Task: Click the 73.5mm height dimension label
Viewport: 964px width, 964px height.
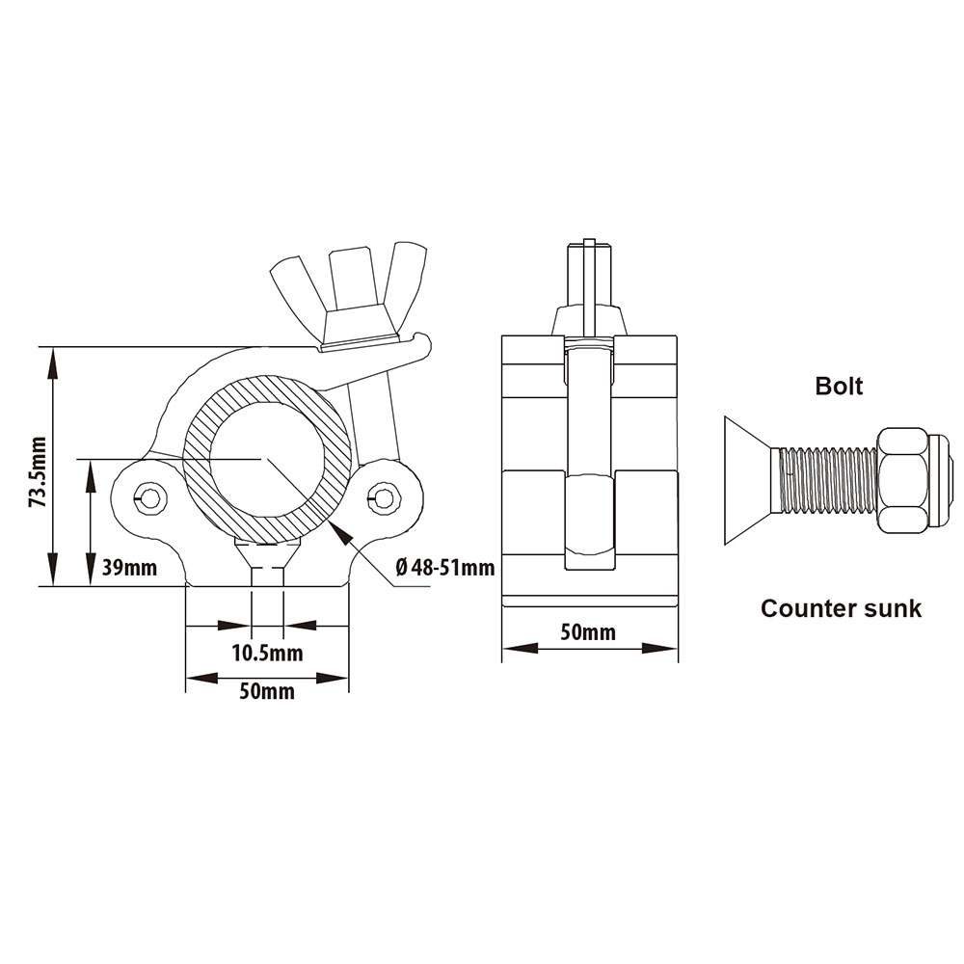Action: point(39,471)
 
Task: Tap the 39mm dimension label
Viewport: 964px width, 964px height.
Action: point(129,567)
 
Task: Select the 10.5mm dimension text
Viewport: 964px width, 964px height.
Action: point(267,653)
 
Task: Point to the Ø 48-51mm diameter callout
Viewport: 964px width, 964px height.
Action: point(445,567)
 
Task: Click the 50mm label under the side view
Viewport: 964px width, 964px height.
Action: point(588,632)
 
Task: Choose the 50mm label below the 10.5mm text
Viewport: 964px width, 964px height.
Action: point(267,691)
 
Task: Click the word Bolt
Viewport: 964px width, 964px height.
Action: point(839,387)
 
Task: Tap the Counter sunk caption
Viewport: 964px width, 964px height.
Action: point(841,608)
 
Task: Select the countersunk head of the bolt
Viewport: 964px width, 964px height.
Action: point(748,481)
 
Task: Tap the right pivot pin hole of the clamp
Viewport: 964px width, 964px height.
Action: point(384,496)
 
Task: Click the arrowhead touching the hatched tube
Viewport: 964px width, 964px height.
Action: point(340,532)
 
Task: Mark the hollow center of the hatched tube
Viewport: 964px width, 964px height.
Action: point(267,459)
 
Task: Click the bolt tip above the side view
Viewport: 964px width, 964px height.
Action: point(590,272)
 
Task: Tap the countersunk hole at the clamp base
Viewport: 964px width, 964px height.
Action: point(267,564)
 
